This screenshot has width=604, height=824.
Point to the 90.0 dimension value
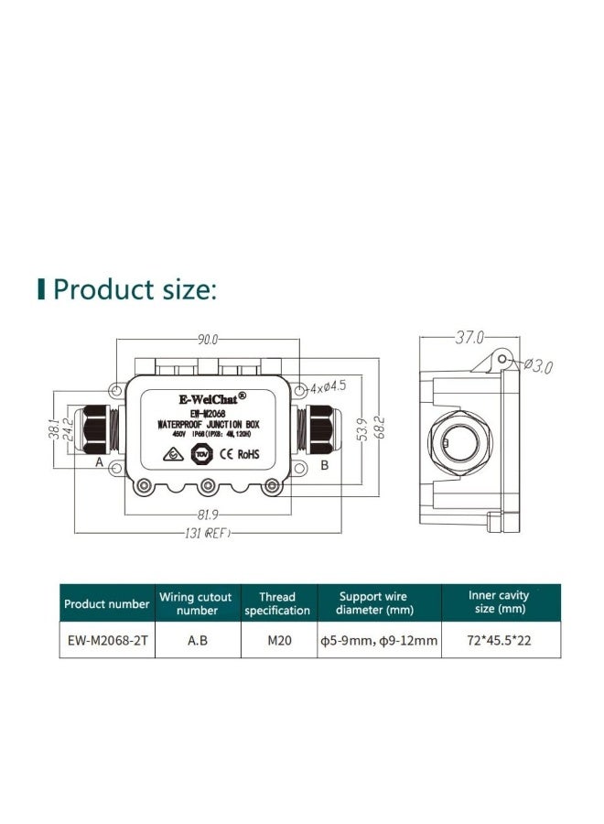pyautogui.click(x=209, y=340)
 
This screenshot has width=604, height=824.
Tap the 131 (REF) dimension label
pyautogui.click(x=203, y=533)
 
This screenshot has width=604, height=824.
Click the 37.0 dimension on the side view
pyautogui.click(x=469, y=338)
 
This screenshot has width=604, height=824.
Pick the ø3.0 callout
pyautogui.click(x=542, y=367)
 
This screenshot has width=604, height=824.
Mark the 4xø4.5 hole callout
pyautogui.click(x=326, y=387)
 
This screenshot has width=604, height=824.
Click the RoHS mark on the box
pyautogui.click(x=247, y=454)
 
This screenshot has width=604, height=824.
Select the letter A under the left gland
pyautogui.click(x=99, y=464)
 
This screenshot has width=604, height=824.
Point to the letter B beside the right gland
pyautogui.click(x=323, y=465)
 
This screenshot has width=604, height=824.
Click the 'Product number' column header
pyautogui.click(x=106, y=604)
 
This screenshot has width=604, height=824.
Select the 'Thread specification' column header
pyautogui.click(x=277, y=604)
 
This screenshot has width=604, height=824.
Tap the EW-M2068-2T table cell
pyautogui.click(x=106, y=642)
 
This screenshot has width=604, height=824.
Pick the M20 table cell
pyautogui.click(x=278, y=642)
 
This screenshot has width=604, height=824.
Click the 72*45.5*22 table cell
pyautogui.click(x=498, y=642)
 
